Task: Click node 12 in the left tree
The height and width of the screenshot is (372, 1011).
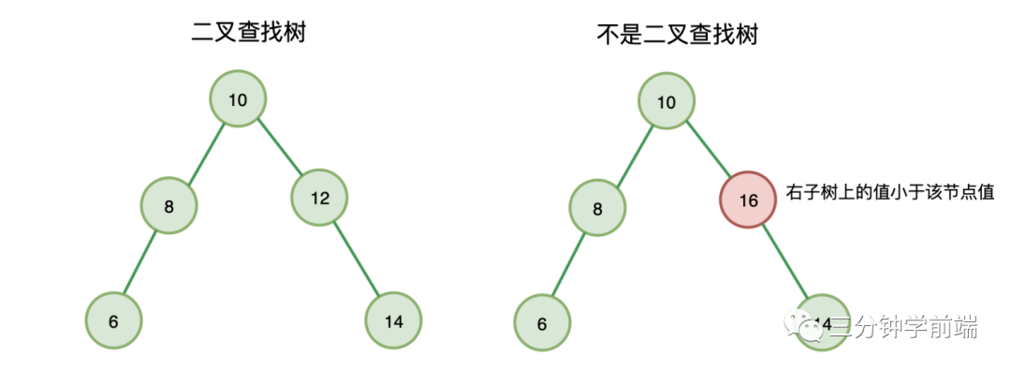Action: tap(319, 198)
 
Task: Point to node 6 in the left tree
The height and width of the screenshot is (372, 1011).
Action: tap(113, 321)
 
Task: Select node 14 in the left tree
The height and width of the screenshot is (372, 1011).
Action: tap(393, 321)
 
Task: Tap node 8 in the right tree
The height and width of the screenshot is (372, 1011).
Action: tap(598, 209)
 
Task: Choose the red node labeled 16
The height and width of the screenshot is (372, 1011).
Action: tap(748, 200)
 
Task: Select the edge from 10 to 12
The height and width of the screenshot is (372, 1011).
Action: tap(279, 148)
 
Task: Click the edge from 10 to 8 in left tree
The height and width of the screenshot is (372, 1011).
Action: tap(204, 150)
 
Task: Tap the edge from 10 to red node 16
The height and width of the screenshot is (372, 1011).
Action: tap(708, 149)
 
